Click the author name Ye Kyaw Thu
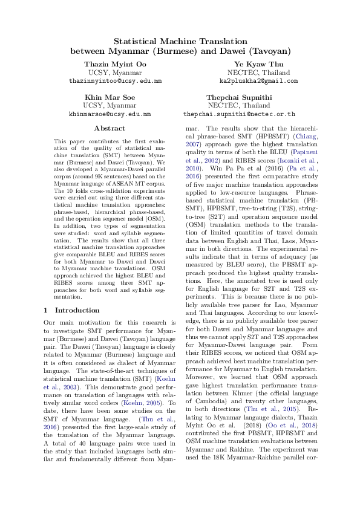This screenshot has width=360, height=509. [258, 63]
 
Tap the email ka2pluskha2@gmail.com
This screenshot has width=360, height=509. [258, 80]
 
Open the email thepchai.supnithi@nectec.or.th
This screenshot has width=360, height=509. [239, 114]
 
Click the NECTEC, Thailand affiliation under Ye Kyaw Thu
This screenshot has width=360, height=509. [258, 72]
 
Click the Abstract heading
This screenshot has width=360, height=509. [110, 128]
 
